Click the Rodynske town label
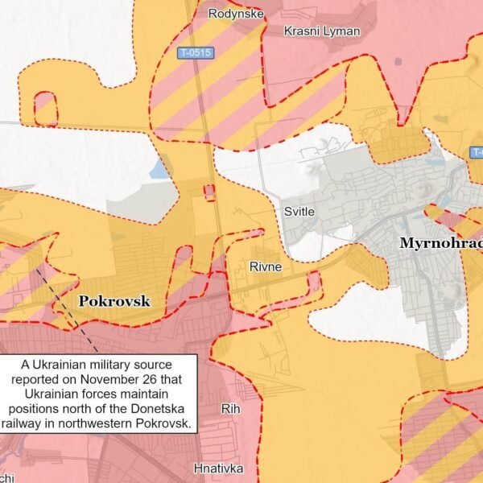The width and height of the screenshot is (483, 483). click(233, 13)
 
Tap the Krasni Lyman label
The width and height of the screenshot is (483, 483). click(322, 31)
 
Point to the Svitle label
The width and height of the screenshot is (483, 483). click(299, 212)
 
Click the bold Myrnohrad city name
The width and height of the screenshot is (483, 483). click(441, 244)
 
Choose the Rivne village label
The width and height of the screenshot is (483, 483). click(266, 267)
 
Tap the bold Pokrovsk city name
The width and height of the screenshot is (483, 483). click(114, 300)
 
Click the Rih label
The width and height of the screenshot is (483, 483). click(230, 409)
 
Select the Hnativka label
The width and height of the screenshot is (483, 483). click(218, 467)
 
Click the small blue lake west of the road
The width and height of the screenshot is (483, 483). click(158, 170)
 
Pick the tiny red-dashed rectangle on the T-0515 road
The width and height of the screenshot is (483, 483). click(209, 192)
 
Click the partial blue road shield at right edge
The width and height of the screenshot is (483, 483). click(477, 152)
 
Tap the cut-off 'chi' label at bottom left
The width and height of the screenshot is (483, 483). click(6, 477)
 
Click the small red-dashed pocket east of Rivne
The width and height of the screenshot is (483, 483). click(315, 281)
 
